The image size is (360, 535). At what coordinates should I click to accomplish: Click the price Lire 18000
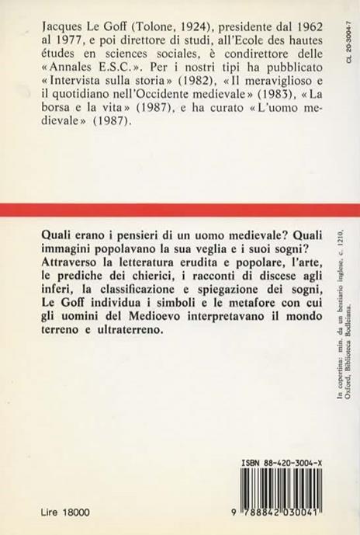54,513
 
